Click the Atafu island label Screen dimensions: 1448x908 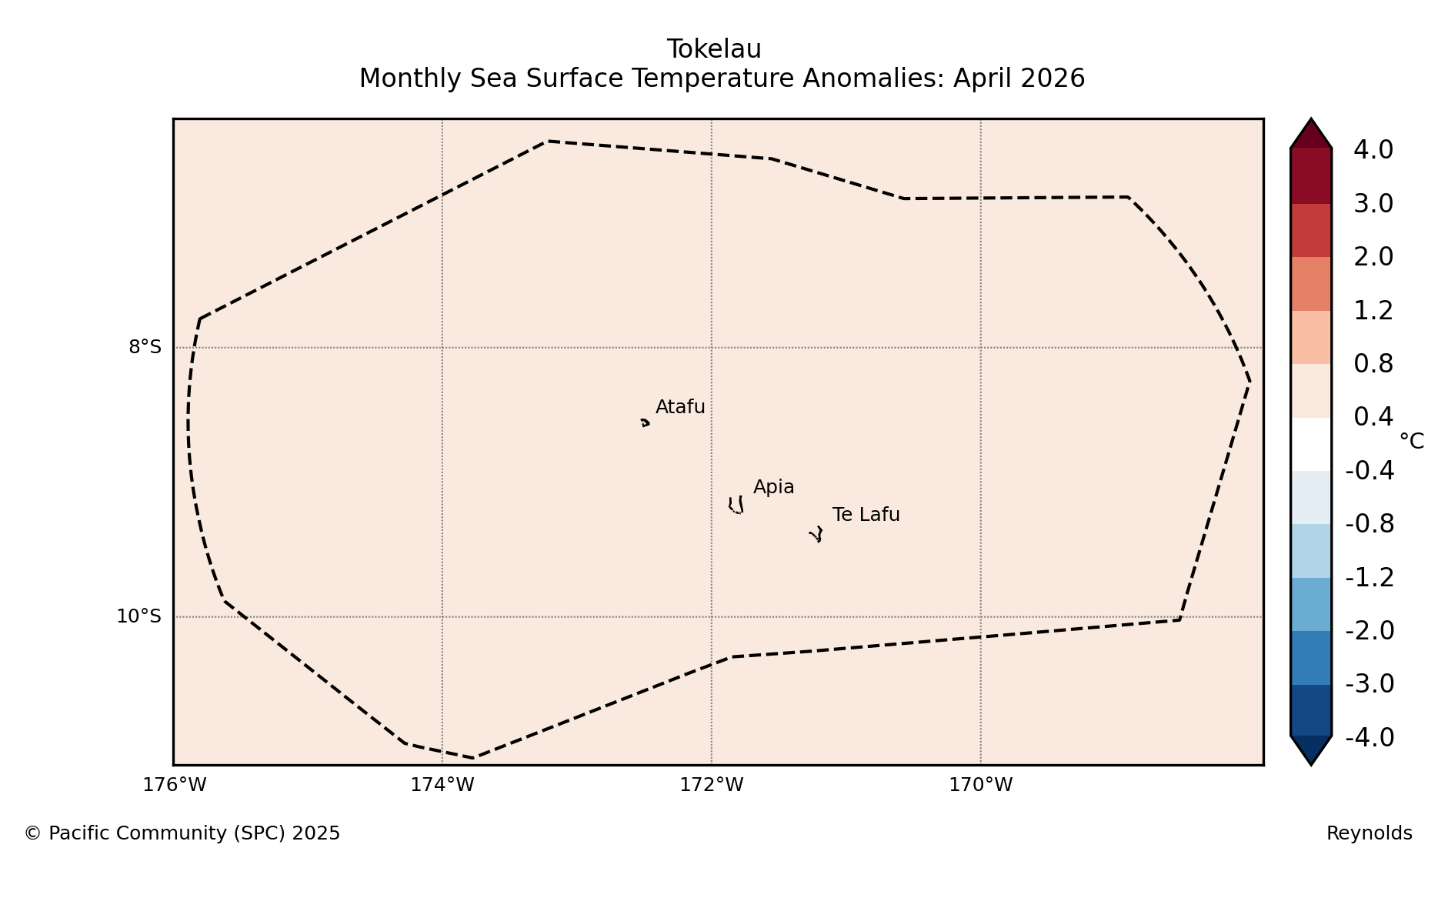[680, 407]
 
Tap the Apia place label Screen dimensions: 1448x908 [773, 488]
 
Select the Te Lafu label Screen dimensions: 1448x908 [866, 515]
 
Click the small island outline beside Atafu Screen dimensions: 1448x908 [645, 422]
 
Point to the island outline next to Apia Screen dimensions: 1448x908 [736, 506]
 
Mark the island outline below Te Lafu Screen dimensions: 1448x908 [816, 534]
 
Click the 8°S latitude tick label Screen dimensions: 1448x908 [145, 347]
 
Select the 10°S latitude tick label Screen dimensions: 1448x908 [139, 616]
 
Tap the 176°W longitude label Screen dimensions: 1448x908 [175, 785]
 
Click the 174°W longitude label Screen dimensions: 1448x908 [442, 785]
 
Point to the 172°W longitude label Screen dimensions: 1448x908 [712, 785]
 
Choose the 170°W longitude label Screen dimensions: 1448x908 [981, 785]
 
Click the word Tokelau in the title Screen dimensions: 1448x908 [714, 49]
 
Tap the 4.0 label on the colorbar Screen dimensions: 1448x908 [1373, 150]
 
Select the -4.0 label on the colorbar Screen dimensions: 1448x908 [1370, 737]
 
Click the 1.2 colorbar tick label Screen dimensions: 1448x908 [1373, 311]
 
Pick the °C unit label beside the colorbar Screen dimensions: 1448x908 [1412, 442]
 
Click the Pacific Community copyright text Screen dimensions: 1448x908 [182, 833]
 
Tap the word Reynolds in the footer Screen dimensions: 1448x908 [1370, 833]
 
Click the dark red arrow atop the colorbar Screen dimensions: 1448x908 [1311, 135]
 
